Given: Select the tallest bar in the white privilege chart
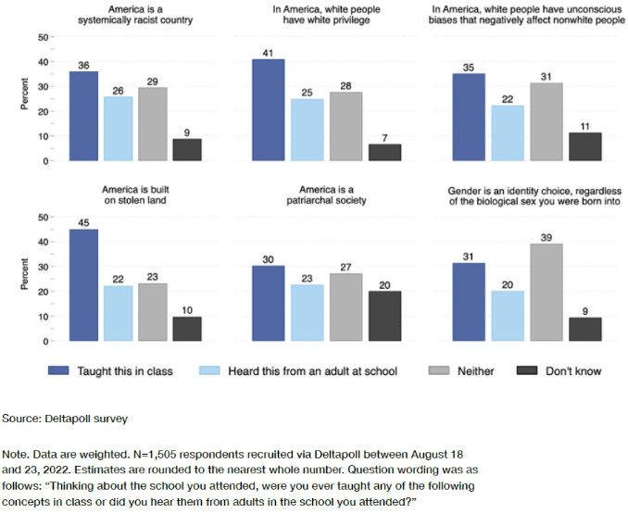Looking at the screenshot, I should point(268,110).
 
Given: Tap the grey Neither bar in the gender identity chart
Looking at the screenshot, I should point(546,293).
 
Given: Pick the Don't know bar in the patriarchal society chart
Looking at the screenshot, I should point(385,317).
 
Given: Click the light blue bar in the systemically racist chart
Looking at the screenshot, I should point(117,129).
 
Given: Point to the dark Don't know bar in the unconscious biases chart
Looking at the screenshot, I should point(585,147).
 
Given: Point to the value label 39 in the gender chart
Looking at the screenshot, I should point(546,236).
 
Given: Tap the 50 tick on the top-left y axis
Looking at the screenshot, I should point(44,37).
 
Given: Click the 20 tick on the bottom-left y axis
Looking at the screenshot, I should point(44,292).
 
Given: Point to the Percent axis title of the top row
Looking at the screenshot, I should point(25,99).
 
